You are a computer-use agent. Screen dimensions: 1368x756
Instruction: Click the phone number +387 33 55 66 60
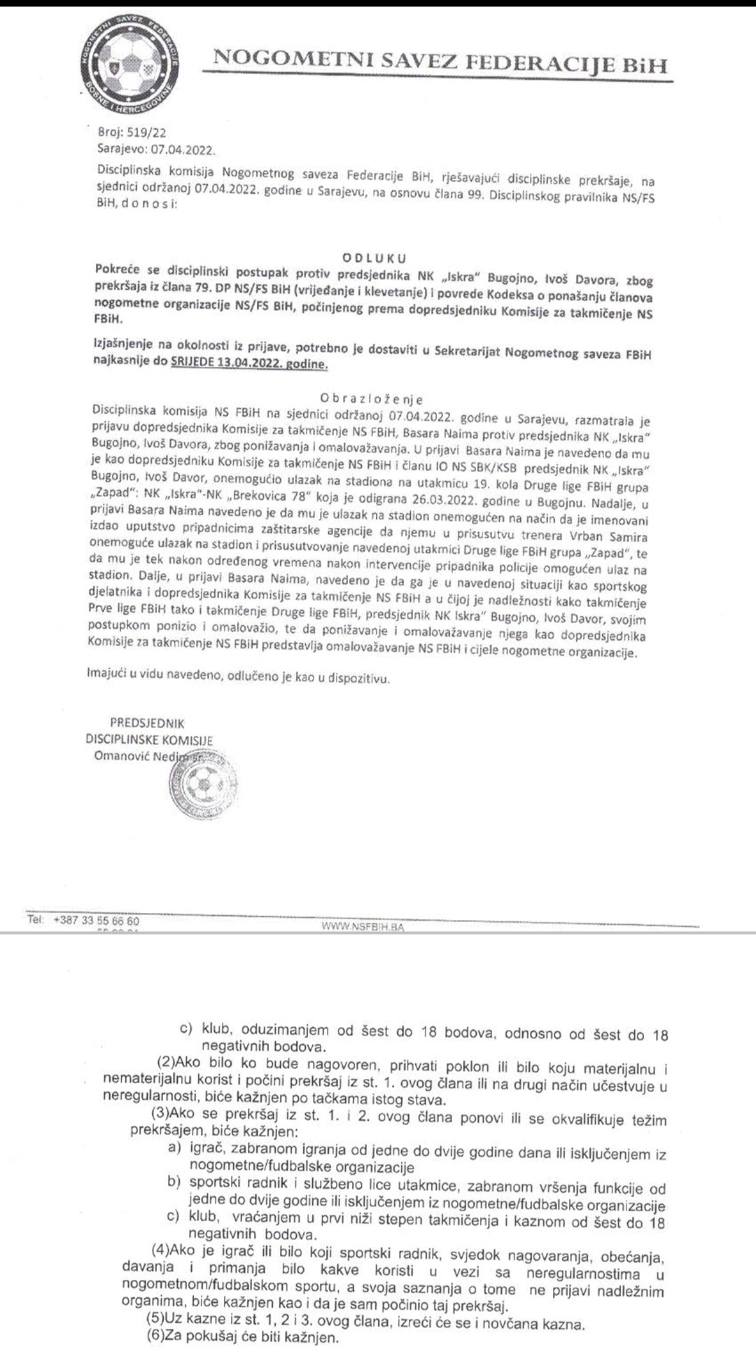[96, 921]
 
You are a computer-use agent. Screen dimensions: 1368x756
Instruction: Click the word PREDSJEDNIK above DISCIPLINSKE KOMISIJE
[147, 723]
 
